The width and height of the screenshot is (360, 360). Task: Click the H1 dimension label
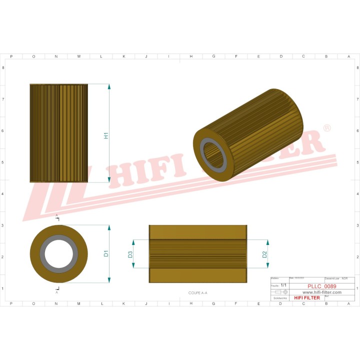[x=106, y=135]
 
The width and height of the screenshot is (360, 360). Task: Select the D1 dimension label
[x=106, y=253]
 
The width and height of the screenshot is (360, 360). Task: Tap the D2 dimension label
[x=264, y=254]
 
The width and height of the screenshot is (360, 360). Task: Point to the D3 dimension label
[x=130, y=254]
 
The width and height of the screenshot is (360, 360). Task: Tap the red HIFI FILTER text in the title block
[x=307, y=297]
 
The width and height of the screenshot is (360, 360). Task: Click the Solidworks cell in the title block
[x=279, y=297]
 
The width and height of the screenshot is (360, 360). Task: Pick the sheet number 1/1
[x=283, y=285]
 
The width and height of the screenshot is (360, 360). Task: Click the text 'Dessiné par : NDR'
[x=336, y=278]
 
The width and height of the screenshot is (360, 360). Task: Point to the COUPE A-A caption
[x=197, y=292]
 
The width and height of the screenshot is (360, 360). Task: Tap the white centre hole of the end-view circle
[x=58, y=253]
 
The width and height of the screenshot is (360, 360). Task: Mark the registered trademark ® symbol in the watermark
[x=327, y=128]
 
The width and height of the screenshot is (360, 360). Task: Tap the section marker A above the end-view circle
[x=56, y=215]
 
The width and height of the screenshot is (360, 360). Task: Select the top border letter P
[x=11, y=56]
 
